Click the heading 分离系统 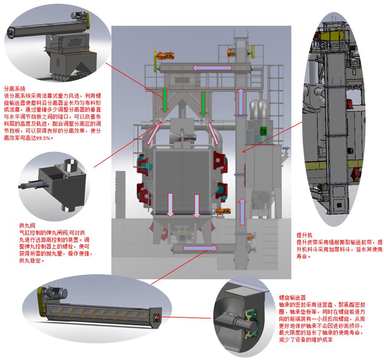click(15, 89)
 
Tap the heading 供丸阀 click(27, 225)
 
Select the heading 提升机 click(304, 235)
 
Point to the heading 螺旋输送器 click(292, 298)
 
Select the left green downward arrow click(165, 100)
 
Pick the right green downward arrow click(203, 104)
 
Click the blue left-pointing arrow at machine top click(212, 68)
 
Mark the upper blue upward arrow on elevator click(241, 102)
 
